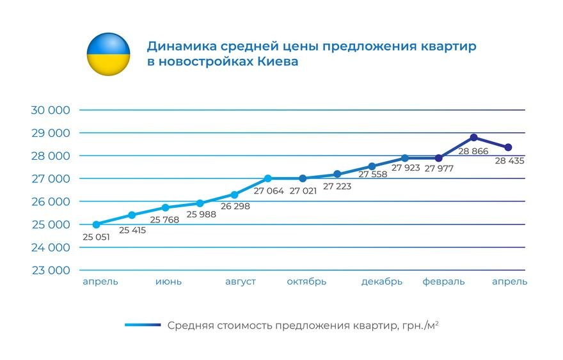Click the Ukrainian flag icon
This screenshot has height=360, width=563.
108,54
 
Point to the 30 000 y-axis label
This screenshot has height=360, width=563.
50,110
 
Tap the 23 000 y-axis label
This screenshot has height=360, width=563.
50,270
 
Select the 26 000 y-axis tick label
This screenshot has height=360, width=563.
50,201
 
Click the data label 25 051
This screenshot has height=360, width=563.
97,237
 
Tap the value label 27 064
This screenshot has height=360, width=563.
269,191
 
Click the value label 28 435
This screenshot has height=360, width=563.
509,161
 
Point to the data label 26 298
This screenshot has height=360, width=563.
235,207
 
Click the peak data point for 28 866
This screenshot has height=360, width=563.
473,137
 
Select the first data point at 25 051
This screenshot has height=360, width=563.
97,224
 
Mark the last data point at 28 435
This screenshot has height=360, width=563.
508,148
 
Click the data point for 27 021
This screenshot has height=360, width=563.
303,178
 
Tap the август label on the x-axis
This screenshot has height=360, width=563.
241,282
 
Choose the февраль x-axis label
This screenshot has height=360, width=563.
443,282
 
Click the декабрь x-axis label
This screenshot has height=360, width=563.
381,282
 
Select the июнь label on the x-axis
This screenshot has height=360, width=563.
168,282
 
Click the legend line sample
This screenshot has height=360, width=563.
143,325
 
